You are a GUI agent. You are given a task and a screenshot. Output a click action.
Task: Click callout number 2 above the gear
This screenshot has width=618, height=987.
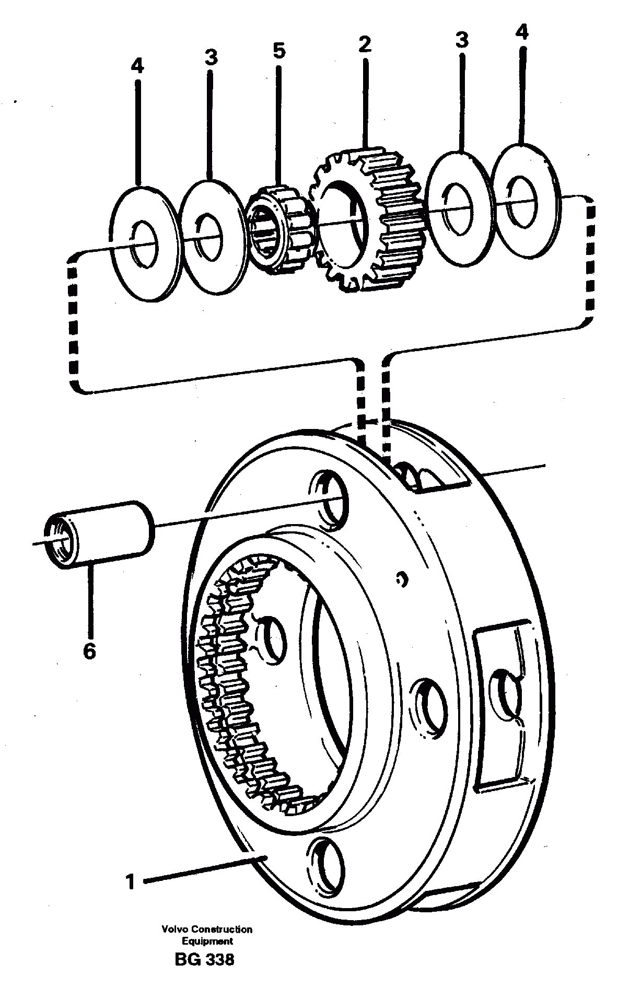(x=365, y=44)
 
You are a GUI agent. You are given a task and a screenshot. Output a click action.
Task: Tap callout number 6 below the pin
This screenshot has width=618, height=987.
(x=89, y=652)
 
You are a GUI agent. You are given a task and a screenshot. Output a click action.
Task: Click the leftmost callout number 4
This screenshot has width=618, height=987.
(x=137, y=66)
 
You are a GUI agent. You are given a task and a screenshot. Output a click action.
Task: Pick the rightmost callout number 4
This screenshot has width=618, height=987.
(x=521, y=33)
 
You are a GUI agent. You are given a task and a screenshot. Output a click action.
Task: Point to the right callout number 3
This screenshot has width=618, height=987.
(x=462, y=40)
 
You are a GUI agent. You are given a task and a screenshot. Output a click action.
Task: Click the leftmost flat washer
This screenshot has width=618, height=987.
(x=142, y=243)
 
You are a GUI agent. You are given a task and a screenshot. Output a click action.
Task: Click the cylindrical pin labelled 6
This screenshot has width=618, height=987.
(x=99, y=533)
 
